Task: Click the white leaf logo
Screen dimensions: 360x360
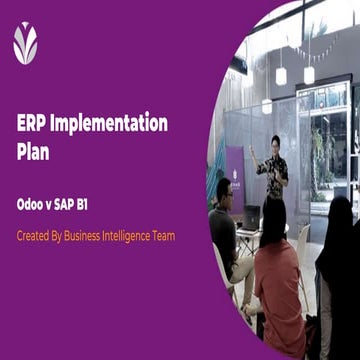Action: [25, 43]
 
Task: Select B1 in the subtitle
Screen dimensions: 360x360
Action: [100, 200]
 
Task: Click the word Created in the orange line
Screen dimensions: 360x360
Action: [35, 237]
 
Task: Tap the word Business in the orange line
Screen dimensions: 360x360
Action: [93, 237]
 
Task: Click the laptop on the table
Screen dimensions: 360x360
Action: [251, 216]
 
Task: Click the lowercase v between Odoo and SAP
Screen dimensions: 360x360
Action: [58, 200]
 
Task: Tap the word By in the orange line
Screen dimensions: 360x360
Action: [63, 237]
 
